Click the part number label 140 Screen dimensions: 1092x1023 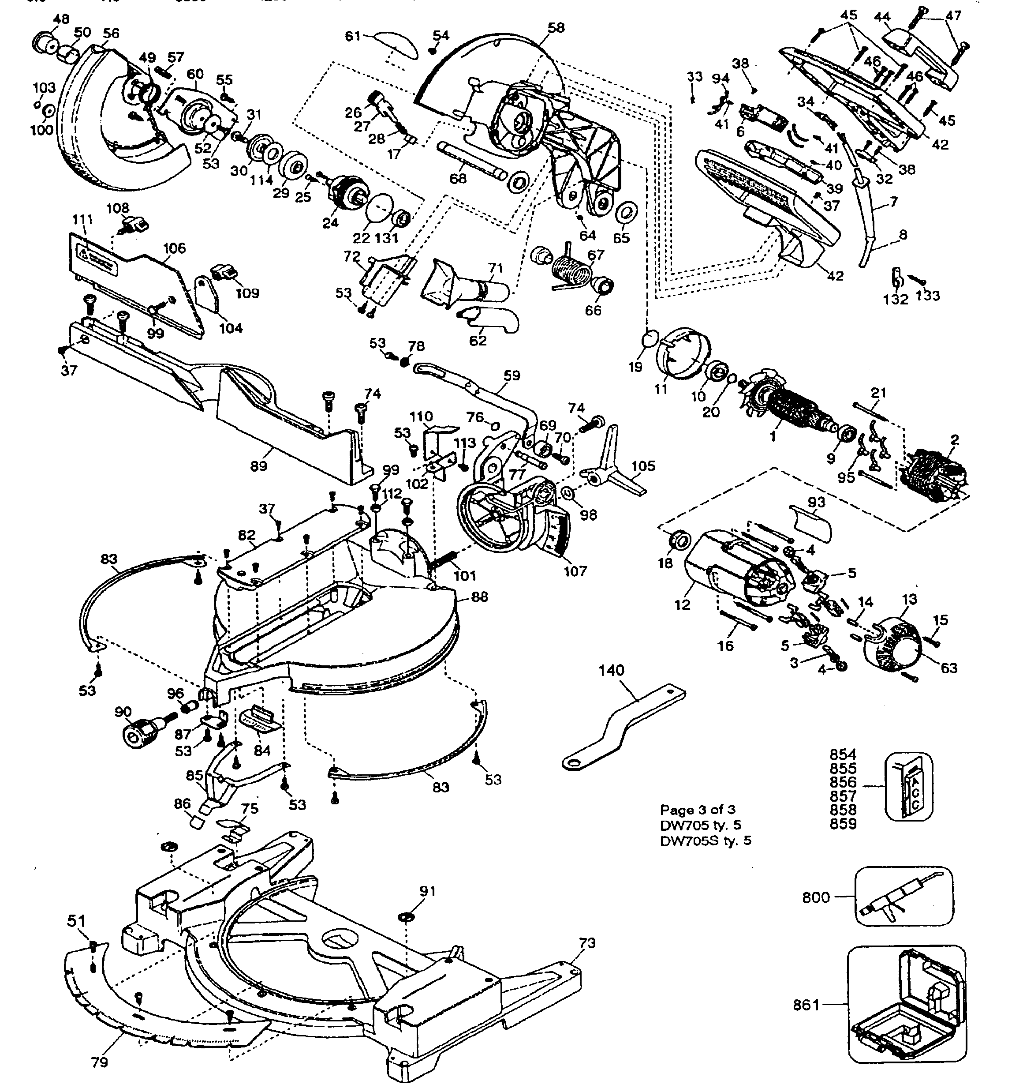click(x=611, y=670)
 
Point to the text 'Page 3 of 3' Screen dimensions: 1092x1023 click(x=698, y=810)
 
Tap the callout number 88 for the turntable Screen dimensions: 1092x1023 click(x=479, y=597)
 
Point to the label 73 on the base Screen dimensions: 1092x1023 click(x=587, y=943)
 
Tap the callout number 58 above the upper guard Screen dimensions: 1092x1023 click(x=556, y=28)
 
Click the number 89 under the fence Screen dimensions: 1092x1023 click(x=259, y=466)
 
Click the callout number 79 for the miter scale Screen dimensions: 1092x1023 click(x=99, y=1062)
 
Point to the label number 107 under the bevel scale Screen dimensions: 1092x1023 click(x=575, y=571)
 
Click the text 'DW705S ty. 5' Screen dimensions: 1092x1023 click(x=706, y=841)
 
